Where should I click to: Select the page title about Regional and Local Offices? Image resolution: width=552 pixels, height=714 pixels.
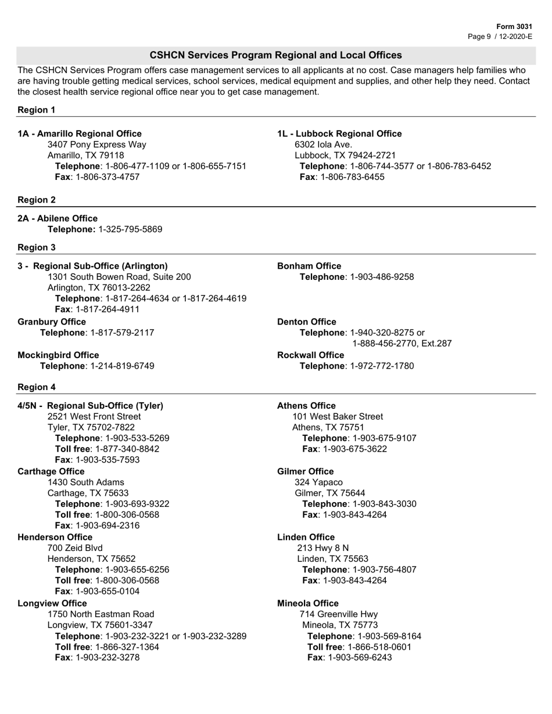275,55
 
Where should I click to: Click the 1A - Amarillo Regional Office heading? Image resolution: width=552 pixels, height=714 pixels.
80,134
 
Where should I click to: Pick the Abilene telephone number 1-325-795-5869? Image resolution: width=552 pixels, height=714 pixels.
130,229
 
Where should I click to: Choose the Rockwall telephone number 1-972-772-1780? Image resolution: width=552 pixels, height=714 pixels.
382,366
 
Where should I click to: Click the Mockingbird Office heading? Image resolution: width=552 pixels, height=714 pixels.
58,355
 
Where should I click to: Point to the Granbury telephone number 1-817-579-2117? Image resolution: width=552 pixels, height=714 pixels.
123,333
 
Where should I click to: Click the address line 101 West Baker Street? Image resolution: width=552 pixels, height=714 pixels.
338,417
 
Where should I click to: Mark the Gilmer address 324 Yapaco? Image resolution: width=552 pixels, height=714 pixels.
318,482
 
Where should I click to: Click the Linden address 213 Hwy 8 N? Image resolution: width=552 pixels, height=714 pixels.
323,548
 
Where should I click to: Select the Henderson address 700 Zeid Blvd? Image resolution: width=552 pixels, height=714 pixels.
75,548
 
